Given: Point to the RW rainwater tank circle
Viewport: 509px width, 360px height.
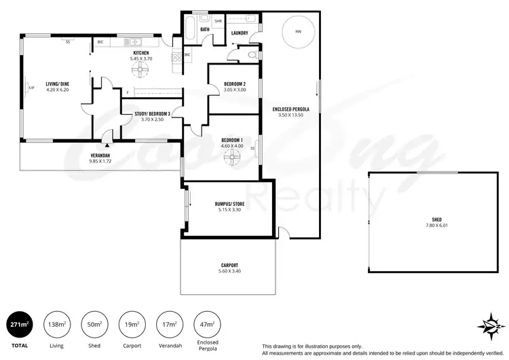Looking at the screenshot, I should pyautogui.click(x=298, y=32).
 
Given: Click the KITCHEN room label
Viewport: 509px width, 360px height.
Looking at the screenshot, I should pyautogui.click(x=140, y=53).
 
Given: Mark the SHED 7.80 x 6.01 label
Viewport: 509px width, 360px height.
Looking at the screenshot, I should pyautogui.click(x=436, y=222).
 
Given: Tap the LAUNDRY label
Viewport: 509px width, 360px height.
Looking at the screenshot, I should pyautogui.click(x=239, y=33).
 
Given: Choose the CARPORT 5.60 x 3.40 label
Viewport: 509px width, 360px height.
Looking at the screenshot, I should pyautogui.click(x=229, y=268).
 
